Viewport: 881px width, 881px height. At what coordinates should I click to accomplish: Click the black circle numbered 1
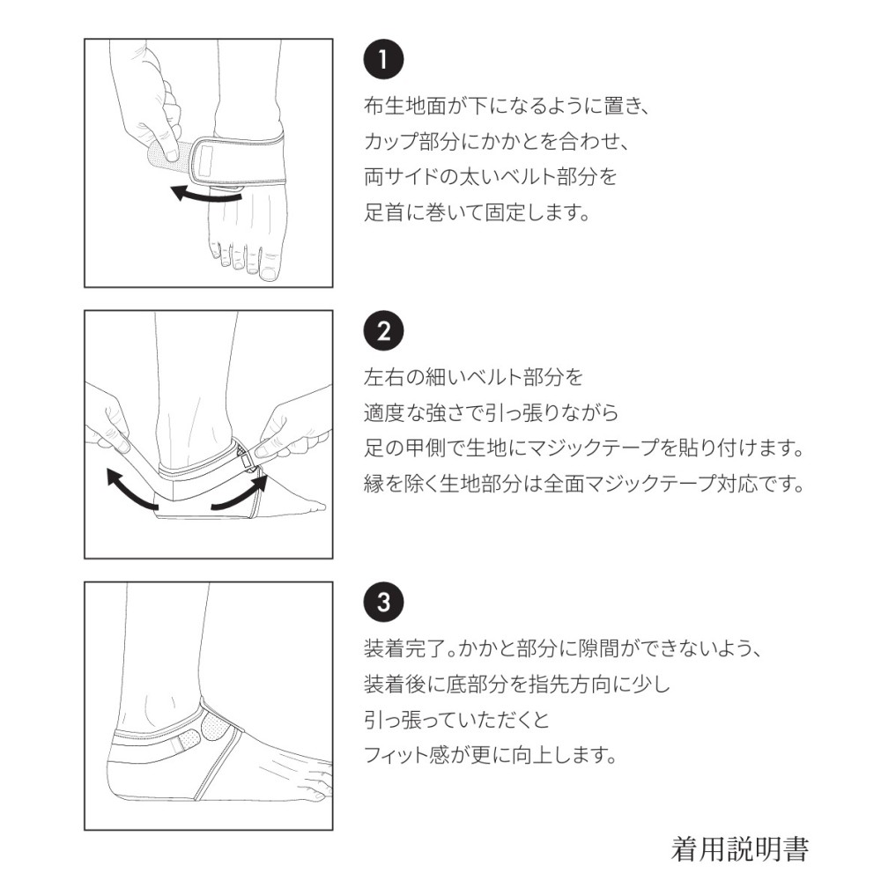[384, 59]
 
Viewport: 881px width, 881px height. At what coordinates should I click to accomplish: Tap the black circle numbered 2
[384, 331]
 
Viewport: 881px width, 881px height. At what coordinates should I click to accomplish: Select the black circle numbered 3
[384, 602]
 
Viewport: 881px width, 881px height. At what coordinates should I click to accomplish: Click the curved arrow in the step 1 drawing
[205, 194]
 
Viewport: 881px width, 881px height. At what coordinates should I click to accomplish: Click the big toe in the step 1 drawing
[270, 264]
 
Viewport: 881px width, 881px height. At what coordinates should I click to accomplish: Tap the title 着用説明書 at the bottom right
[739, 849]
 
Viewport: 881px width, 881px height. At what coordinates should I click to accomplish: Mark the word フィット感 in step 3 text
[407, 755]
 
